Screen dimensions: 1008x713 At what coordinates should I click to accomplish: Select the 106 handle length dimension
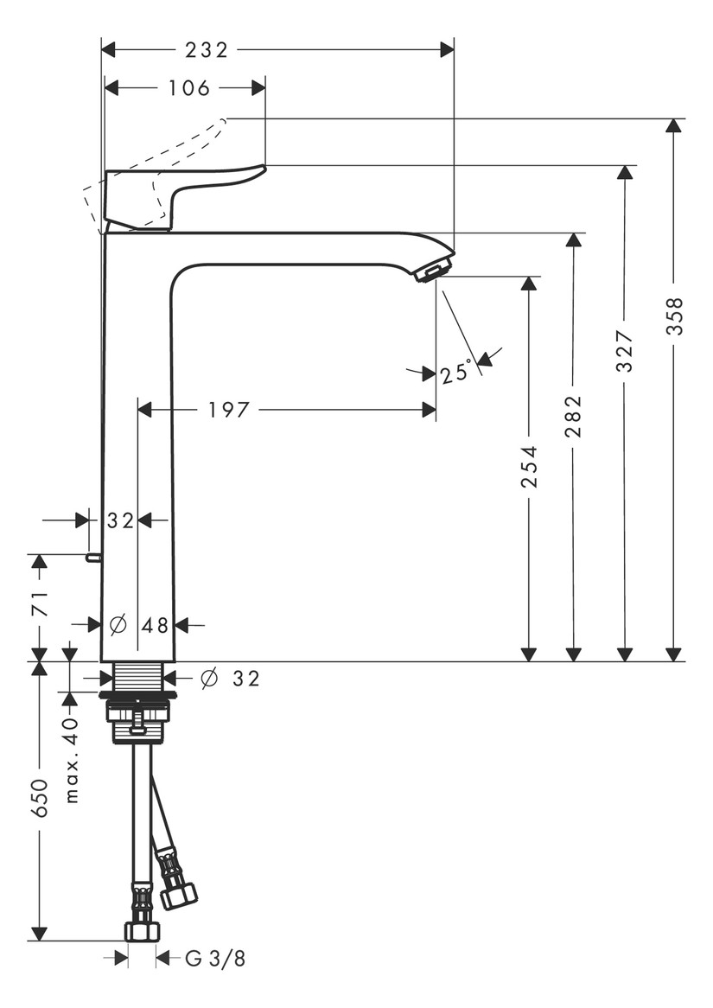[189, 88]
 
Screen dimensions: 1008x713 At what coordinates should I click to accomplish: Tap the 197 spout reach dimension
[228, 410]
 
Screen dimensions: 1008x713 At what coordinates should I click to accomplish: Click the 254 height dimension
[529, 467]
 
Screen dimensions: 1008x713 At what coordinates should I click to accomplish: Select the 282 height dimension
[574, 417]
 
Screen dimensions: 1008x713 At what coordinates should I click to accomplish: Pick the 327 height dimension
[625, 351]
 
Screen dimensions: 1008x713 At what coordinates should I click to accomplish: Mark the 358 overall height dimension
[675, 316]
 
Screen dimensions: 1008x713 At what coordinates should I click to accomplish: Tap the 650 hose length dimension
[39, 800]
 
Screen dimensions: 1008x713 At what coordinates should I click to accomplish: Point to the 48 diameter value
[155, 624]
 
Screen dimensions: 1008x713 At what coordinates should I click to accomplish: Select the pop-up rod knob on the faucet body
[92, 558]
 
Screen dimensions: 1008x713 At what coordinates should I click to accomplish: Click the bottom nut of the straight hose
[142, 931]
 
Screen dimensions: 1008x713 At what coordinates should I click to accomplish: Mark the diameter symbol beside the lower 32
[208, 679]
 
